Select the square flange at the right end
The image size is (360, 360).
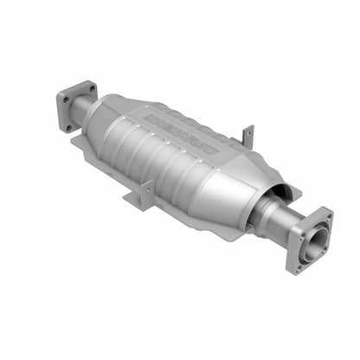tap(312, 240)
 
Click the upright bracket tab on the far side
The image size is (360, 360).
tap(248, 136)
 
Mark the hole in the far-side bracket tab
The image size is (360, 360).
tap(249, 134)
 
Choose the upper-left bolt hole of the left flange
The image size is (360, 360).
tap(63, 98)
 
